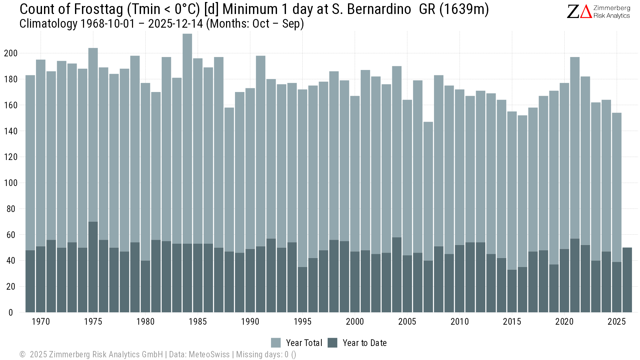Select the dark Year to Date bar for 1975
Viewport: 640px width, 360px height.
93,267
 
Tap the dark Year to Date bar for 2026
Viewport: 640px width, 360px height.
627,280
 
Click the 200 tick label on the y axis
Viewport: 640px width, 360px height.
11,53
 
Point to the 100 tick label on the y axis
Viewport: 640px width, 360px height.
11,183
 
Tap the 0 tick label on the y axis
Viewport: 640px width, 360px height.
11,313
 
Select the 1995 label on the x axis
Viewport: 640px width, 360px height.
302,322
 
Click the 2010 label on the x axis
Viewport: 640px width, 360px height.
460,322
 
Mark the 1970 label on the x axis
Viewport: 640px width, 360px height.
41,322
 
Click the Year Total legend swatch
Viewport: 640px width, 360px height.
276,343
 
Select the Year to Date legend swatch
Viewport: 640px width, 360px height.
332,343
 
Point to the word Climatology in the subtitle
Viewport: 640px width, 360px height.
48,24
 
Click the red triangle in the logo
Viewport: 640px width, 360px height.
586,12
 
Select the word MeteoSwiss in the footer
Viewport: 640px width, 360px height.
209,354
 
